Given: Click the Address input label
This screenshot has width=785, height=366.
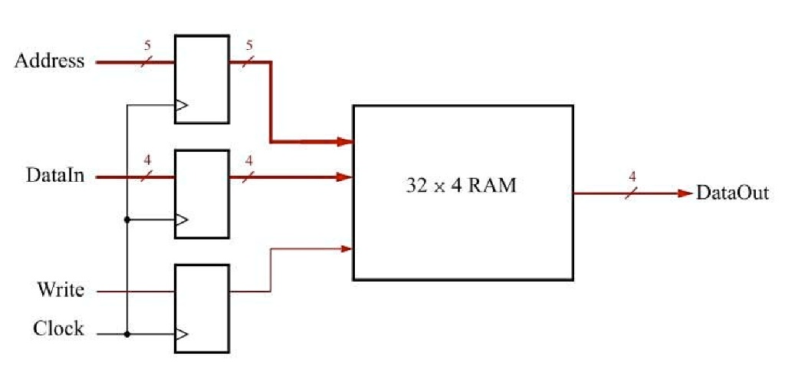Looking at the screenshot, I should [x=49, y=61].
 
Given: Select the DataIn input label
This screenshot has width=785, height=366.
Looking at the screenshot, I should [x=55, y=176].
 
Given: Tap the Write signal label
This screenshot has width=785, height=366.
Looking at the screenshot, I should [x=61, y=291].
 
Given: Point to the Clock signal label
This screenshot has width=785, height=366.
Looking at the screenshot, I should [x=58, y=329].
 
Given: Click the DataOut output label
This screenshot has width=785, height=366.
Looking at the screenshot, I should [x=731, y=193].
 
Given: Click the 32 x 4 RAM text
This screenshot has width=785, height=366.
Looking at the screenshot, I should [x=461, y=186].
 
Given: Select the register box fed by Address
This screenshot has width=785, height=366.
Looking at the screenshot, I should [x=202, y=79].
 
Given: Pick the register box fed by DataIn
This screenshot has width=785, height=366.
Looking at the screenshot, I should [x=202, y=193].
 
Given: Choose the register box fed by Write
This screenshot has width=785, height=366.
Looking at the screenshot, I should [x=202, y=308].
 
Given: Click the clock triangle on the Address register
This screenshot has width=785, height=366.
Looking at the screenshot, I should [x=181, y=106].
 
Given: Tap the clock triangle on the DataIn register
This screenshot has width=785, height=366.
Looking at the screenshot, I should [x=181, y=220].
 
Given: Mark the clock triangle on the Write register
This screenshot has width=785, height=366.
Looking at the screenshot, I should [x=181, y=335].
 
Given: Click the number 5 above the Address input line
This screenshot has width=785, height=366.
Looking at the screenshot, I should [x=147, y=45].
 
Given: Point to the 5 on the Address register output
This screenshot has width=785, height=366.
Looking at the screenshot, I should [x=248, y=45].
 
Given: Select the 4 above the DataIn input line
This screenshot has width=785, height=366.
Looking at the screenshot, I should [x=147, y=160].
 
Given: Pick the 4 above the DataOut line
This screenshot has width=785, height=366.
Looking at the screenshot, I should [x=632, y=176].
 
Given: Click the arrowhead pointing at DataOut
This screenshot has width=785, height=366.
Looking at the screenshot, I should [x=685, y=193].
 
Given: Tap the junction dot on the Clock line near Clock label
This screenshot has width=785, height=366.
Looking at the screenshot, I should [x=127, y=335].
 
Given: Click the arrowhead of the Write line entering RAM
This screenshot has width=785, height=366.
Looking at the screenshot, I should [x=346, y=248].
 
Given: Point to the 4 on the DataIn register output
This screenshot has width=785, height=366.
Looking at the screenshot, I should [x=248, y=160].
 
